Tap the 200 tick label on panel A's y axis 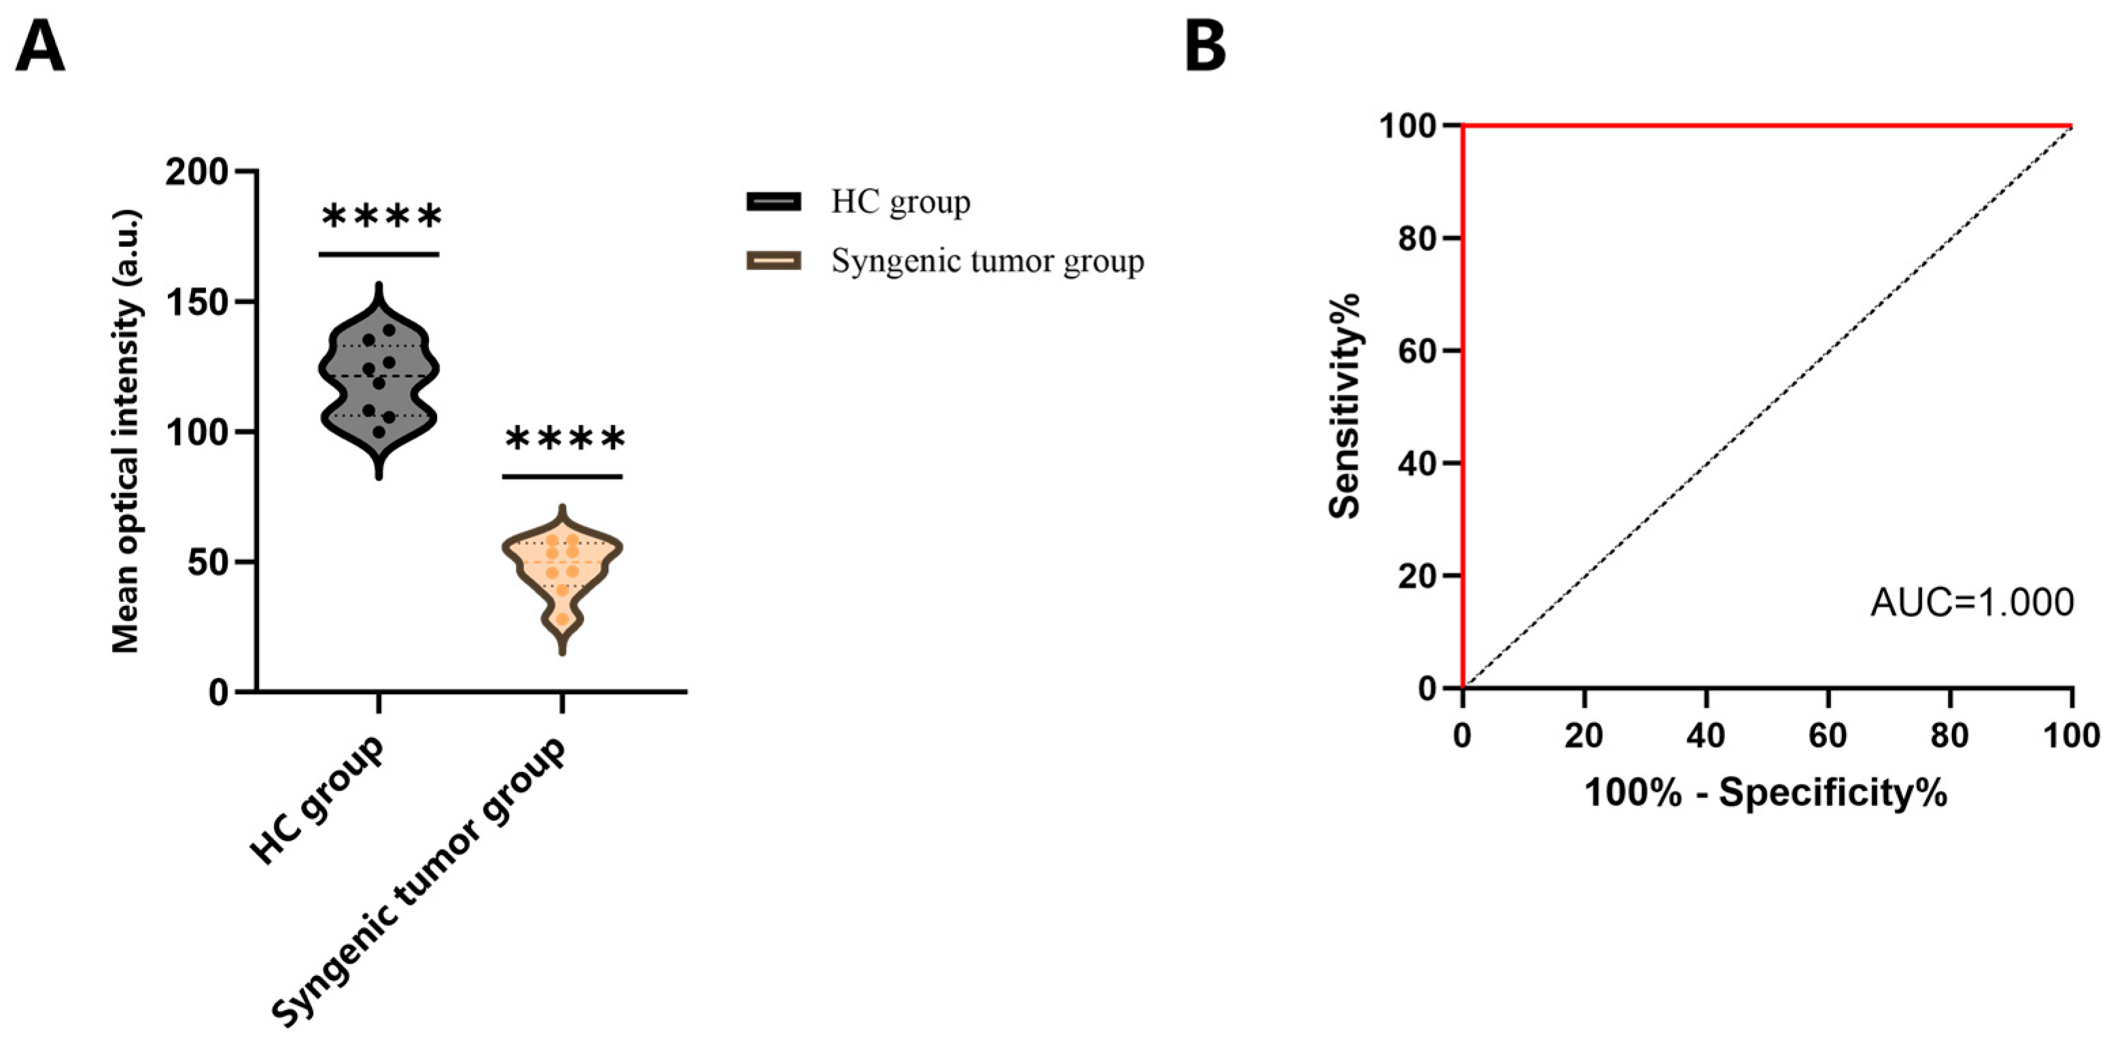[196, 172]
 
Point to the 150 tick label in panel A [196, 302]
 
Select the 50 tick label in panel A [208, 562]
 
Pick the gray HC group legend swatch [773, 201]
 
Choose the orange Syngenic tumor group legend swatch [773, 261]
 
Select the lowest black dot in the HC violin [379, 432]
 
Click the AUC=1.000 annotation [1972, 603]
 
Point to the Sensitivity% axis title [1344, 405]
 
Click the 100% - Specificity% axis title [1766, 793]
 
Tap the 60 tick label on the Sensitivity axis [1418, 350]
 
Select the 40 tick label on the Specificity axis [1706, 736]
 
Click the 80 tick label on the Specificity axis [1949, 736]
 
